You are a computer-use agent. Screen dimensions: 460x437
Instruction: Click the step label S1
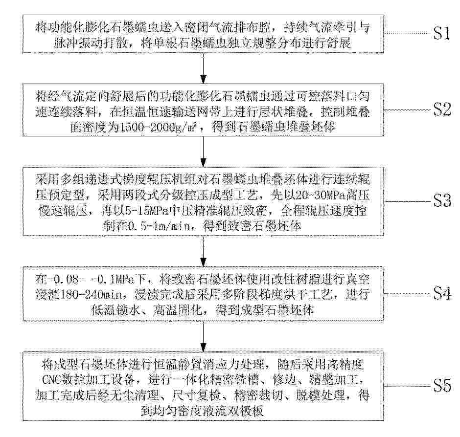coord(442,33)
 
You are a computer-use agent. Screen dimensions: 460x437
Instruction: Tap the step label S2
coord(442,109)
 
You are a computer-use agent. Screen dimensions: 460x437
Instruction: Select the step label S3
coord(442,201)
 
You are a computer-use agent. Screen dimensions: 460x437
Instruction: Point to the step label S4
coord(442,293)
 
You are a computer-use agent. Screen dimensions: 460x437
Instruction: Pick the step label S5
coord(442,385)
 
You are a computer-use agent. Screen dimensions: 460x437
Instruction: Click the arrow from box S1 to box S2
coord(203,68)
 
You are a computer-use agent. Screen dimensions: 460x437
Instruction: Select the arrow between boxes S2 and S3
coord(203,152)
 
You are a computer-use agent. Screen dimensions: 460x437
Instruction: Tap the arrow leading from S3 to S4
coord(203,251)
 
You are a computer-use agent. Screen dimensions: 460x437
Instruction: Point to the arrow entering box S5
coord(203,336)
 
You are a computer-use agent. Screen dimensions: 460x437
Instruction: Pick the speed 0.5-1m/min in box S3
coord(159,226)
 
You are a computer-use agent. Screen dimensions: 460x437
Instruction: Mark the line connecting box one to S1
coord(408,33)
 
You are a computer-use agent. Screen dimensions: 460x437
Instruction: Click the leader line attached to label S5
coord(408,386)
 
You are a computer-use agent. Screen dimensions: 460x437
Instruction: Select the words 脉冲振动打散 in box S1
coord(91,44)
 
